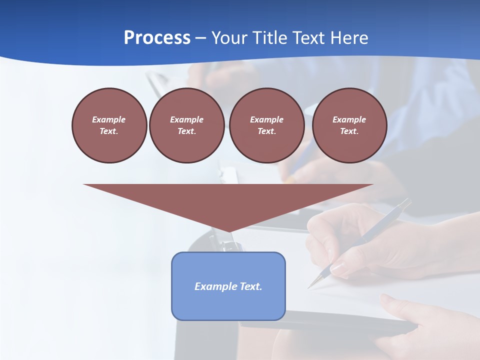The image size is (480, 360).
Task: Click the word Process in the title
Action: point(157,38)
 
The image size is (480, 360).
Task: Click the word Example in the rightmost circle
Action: point(349,119)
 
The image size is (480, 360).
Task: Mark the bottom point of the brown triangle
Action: point(228,231)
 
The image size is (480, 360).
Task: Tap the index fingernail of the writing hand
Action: point(338,269)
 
